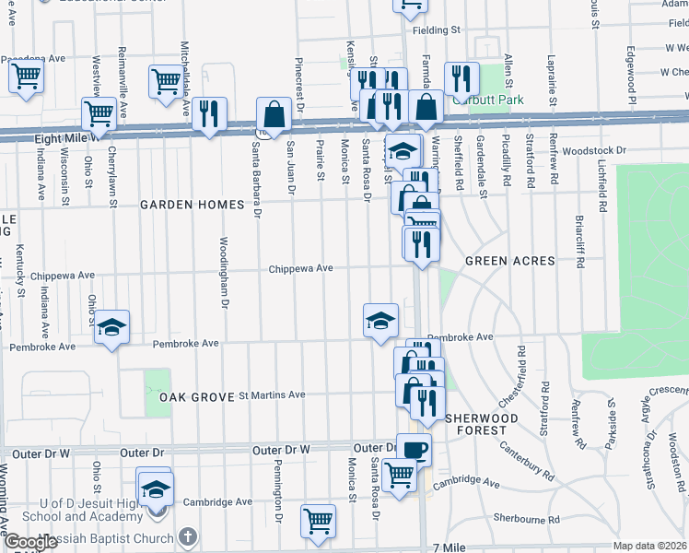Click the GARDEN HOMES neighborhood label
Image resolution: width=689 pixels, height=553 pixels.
pos(190,206)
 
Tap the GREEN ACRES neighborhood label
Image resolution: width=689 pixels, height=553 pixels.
pos(509,261)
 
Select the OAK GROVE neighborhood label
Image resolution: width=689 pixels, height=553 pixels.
pos(192,396)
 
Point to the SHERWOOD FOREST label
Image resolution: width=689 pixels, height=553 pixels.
pos(477,424)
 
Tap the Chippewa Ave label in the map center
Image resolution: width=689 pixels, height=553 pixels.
pos(300,268)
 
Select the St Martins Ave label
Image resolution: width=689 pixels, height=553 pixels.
pos(272,394)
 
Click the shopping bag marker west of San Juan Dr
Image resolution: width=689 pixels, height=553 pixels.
pos(274,114)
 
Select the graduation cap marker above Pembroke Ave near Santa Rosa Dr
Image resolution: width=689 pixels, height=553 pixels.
pos(380,320)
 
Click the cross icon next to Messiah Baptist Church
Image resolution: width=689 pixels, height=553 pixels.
pos(187,538)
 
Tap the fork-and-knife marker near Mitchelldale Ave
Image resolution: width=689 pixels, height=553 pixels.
pos(210,113)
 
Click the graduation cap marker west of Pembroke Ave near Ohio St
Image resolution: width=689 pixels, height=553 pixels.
pos(111,327)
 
